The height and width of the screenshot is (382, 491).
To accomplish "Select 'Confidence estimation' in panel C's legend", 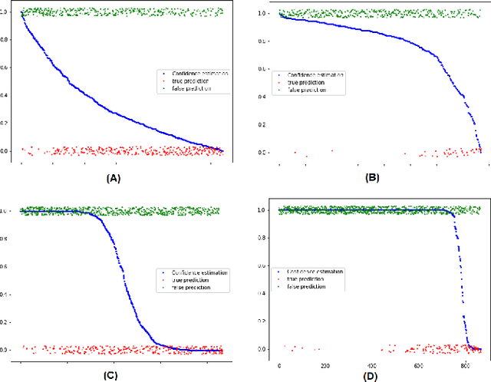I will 196,272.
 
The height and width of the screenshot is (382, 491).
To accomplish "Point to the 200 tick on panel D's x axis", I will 325,366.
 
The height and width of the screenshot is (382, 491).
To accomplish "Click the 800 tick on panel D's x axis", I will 467,366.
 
